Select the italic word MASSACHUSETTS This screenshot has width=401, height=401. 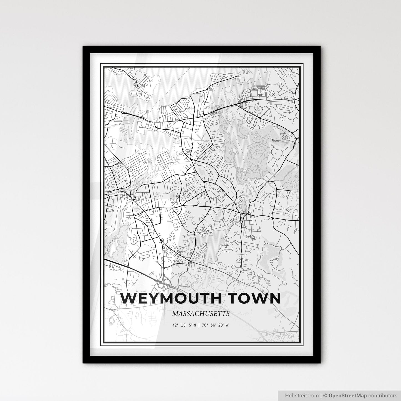click(201, 314)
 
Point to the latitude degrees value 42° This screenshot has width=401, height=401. click(175, 325)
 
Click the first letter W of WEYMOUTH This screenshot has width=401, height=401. click(128, 298)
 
